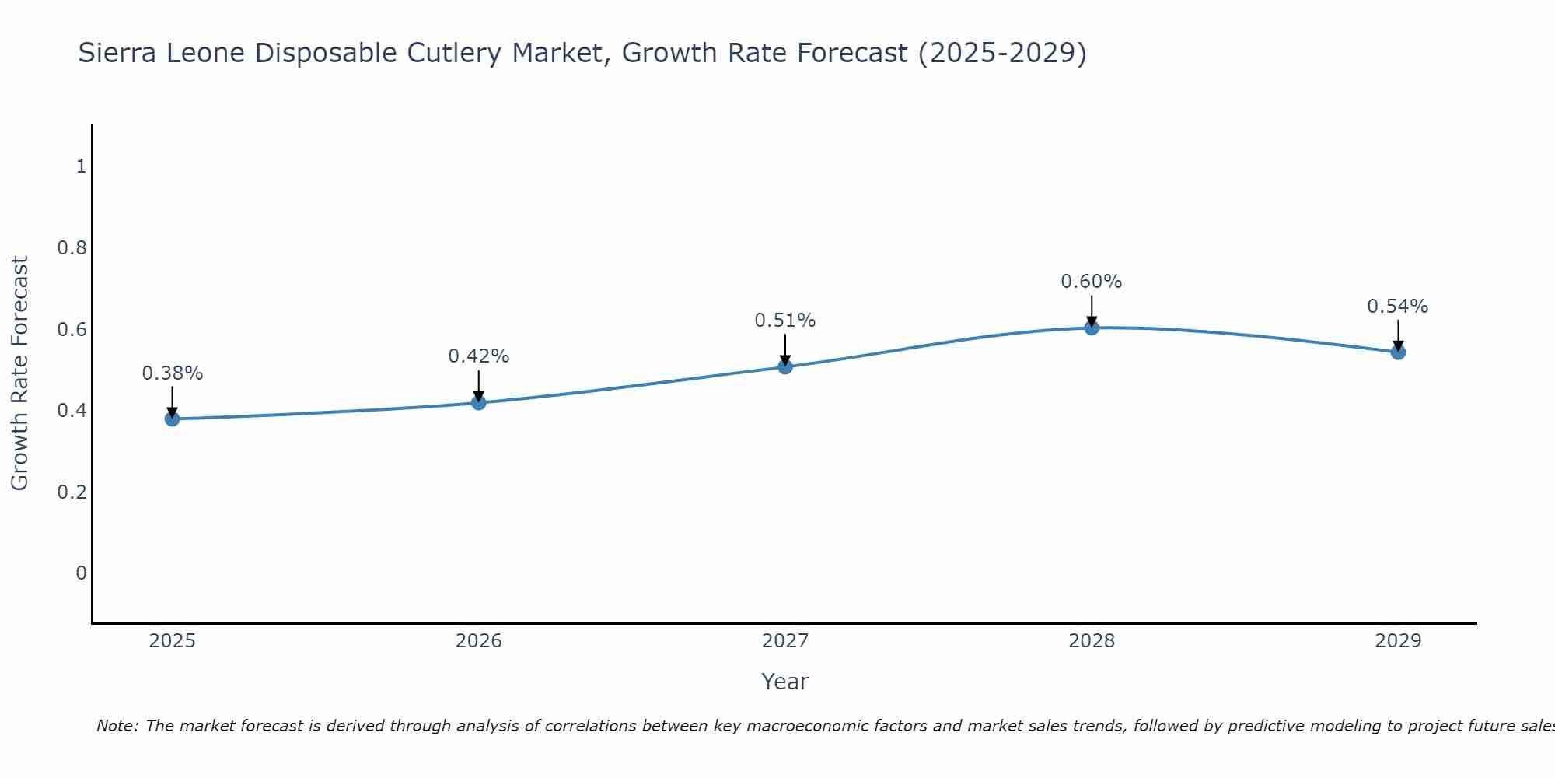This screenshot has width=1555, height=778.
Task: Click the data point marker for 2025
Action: (x=172, y=419)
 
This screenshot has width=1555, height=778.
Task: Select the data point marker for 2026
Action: (x=479, y=402)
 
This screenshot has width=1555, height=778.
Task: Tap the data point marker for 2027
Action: (x=785, y=366)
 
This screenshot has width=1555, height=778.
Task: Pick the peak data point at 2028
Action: (x=1092, y=328)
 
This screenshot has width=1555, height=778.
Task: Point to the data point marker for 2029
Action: (x=1398, y=352)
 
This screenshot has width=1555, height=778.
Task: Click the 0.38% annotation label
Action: (x=172, y=373)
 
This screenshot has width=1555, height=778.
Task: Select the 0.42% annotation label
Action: (x=479, y=356)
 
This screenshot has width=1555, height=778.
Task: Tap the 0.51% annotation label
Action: (x=785, y=321)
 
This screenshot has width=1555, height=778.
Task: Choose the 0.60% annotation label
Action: (x=1092, y=282)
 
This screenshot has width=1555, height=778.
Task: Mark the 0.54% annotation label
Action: (x=1398, y=307)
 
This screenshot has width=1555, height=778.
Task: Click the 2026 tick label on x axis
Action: (x=479, y=641)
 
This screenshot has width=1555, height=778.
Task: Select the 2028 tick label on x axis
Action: (x=1092, y=641)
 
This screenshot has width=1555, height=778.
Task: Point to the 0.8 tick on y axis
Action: (x=72, y=248)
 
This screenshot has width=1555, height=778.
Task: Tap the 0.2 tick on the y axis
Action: (x=72, y=492)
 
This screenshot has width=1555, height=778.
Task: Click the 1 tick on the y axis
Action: (x=81, y=166)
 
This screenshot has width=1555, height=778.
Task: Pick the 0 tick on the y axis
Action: (x=81, y=573)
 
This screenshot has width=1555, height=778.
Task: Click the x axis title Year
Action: (x=785, y=682)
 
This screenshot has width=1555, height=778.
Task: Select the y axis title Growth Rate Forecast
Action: (x=19, y=373)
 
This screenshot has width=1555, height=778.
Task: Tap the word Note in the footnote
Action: (x=117, y=726)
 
